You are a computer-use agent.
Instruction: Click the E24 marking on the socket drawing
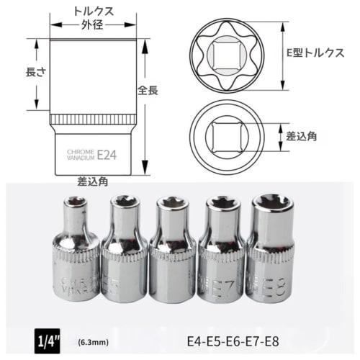tap(107, 154)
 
